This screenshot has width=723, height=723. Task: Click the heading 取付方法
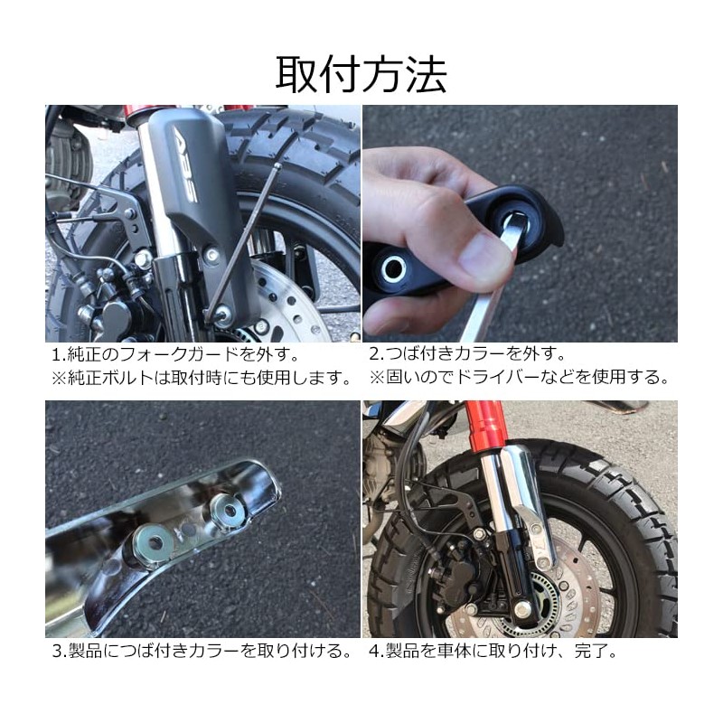tap(361, 75)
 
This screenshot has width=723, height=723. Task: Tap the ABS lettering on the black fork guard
tap(185, 164)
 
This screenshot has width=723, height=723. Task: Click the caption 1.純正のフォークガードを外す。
tap(175, 354)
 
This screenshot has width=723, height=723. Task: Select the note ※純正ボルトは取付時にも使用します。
tap(201, 378)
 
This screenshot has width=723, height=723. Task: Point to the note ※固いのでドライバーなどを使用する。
tap(519, 377)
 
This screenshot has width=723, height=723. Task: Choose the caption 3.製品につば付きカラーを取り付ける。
tap(202, 651)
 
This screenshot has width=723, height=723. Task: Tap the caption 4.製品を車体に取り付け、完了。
tap(493, 651)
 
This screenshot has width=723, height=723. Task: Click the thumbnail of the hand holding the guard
tap(521, 223)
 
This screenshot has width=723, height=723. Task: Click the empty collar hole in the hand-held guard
tap(392, 268)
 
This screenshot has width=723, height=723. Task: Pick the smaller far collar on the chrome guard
tap(227, 510)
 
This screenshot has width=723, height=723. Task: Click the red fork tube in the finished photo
tap(484, 427)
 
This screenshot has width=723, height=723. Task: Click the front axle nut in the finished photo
tap(521, 608)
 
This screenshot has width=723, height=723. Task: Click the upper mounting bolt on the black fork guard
tap(211, 253)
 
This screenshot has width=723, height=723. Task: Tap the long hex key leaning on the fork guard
tap(243, 239)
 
